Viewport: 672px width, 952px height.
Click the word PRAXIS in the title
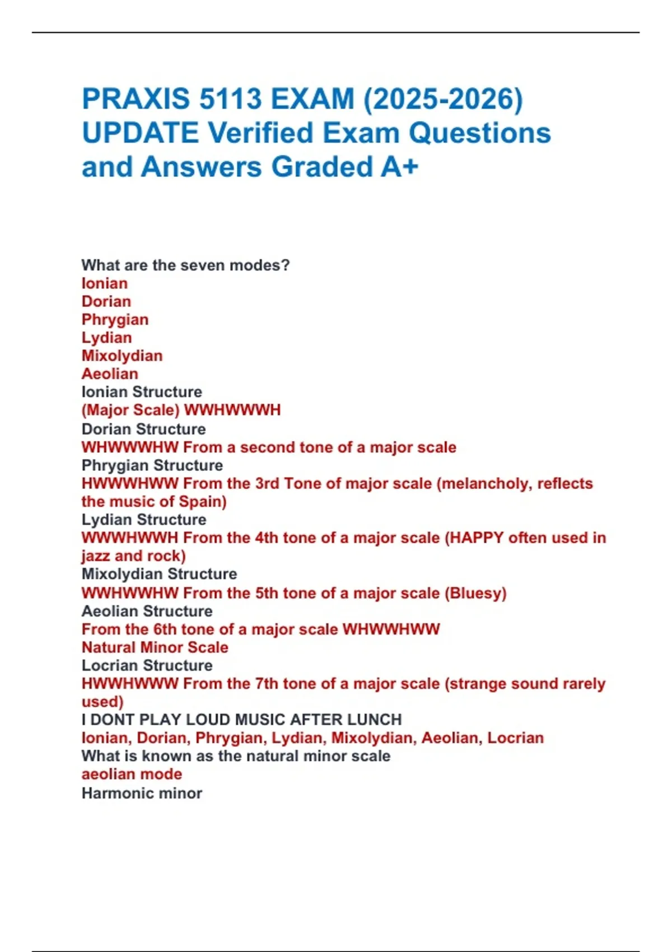(x=136, y=99)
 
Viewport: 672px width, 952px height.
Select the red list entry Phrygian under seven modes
(x=115, y=320)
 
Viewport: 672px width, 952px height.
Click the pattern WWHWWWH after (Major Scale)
(x=232, y=410)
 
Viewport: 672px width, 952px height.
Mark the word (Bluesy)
(x=475, y=593)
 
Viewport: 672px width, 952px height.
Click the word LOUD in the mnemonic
(x=208, y=720)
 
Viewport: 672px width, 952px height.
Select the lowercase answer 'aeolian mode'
(x=132, y=774)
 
